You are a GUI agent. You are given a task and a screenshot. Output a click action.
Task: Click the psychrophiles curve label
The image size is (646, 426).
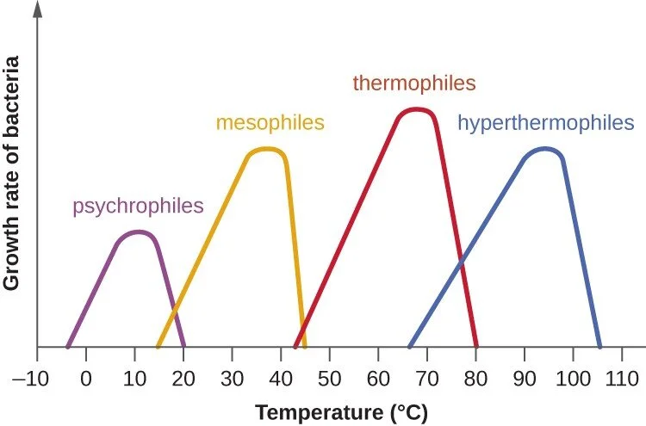138,206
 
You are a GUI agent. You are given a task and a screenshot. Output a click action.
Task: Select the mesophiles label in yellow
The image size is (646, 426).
270,122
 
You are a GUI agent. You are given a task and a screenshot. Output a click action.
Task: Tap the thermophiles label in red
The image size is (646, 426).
413,83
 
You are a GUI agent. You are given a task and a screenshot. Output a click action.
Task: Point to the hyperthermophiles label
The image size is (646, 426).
545,122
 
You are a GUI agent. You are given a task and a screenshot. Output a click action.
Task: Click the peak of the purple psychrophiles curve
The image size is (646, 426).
136,232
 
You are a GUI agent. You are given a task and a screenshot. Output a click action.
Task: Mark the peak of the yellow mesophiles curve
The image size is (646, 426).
267,149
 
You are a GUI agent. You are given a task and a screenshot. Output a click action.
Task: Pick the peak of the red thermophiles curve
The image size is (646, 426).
417,109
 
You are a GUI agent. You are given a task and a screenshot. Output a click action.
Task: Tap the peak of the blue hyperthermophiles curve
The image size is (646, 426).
544,148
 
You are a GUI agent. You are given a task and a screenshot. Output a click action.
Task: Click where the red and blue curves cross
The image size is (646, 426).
462,257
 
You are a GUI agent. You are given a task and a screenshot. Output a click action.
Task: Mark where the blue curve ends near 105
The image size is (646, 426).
599,346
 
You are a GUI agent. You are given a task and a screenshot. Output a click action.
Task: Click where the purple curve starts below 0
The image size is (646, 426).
67,346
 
